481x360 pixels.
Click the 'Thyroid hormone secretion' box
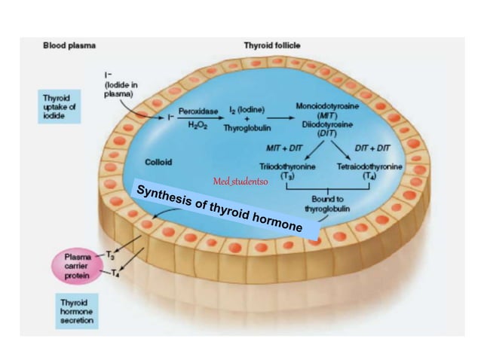[78, 310]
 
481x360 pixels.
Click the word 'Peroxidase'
[198, 111]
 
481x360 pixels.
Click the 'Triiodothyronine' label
[286, 166]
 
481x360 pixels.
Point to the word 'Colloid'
[158, 161]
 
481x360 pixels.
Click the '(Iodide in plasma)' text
[121, 89]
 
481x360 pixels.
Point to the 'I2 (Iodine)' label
[247, 111]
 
